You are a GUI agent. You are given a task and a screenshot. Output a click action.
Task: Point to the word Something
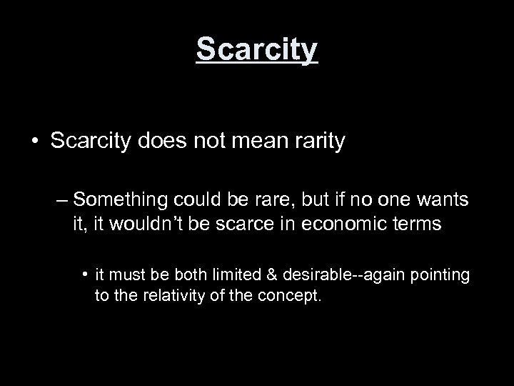click(x=118, y=197)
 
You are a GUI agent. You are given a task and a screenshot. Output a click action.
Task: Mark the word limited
click(x=234, y=275)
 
